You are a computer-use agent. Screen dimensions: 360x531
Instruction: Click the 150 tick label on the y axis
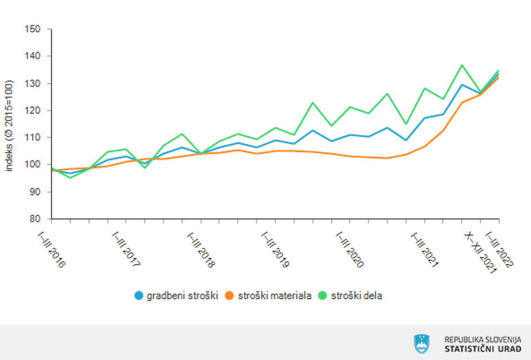pyautogui.click(x=34, y=29)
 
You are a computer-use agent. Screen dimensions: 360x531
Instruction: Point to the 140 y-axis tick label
pyautogui.click(x=34, y=56)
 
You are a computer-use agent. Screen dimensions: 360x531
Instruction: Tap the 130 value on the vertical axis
pyautogui.click(x=34, y=83)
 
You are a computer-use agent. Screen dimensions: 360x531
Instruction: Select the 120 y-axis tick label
pyautogui.click(x=34, y=110)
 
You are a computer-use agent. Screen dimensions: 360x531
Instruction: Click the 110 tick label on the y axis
pyautogui.click(x=34, y=137)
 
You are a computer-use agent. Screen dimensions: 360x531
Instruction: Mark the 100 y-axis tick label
pyautogui.click(x=34, y=164)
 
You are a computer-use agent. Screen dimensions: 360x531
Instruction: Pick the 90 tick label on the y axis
pyautogui.click(x=37, y=192)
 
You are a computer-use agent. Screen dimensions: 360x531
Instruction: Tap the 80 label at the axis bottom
pyautogui.click(x=37, y=219)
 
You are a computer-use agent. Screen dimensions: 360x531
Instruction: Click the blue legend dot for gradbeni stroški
pyautogui.click(x=139, y=295)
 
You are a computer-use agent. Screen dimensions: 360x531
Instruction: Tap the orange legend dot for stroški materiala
pyautogui.click(x=229, y=295)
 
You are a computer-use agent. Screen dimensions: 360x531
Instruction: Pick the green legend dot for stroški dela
pyautogui.click(x=323, y=295)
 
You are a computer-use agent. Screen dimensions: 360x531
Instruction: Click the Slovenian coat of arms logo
pyautogui.click(x=421, y=342)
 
